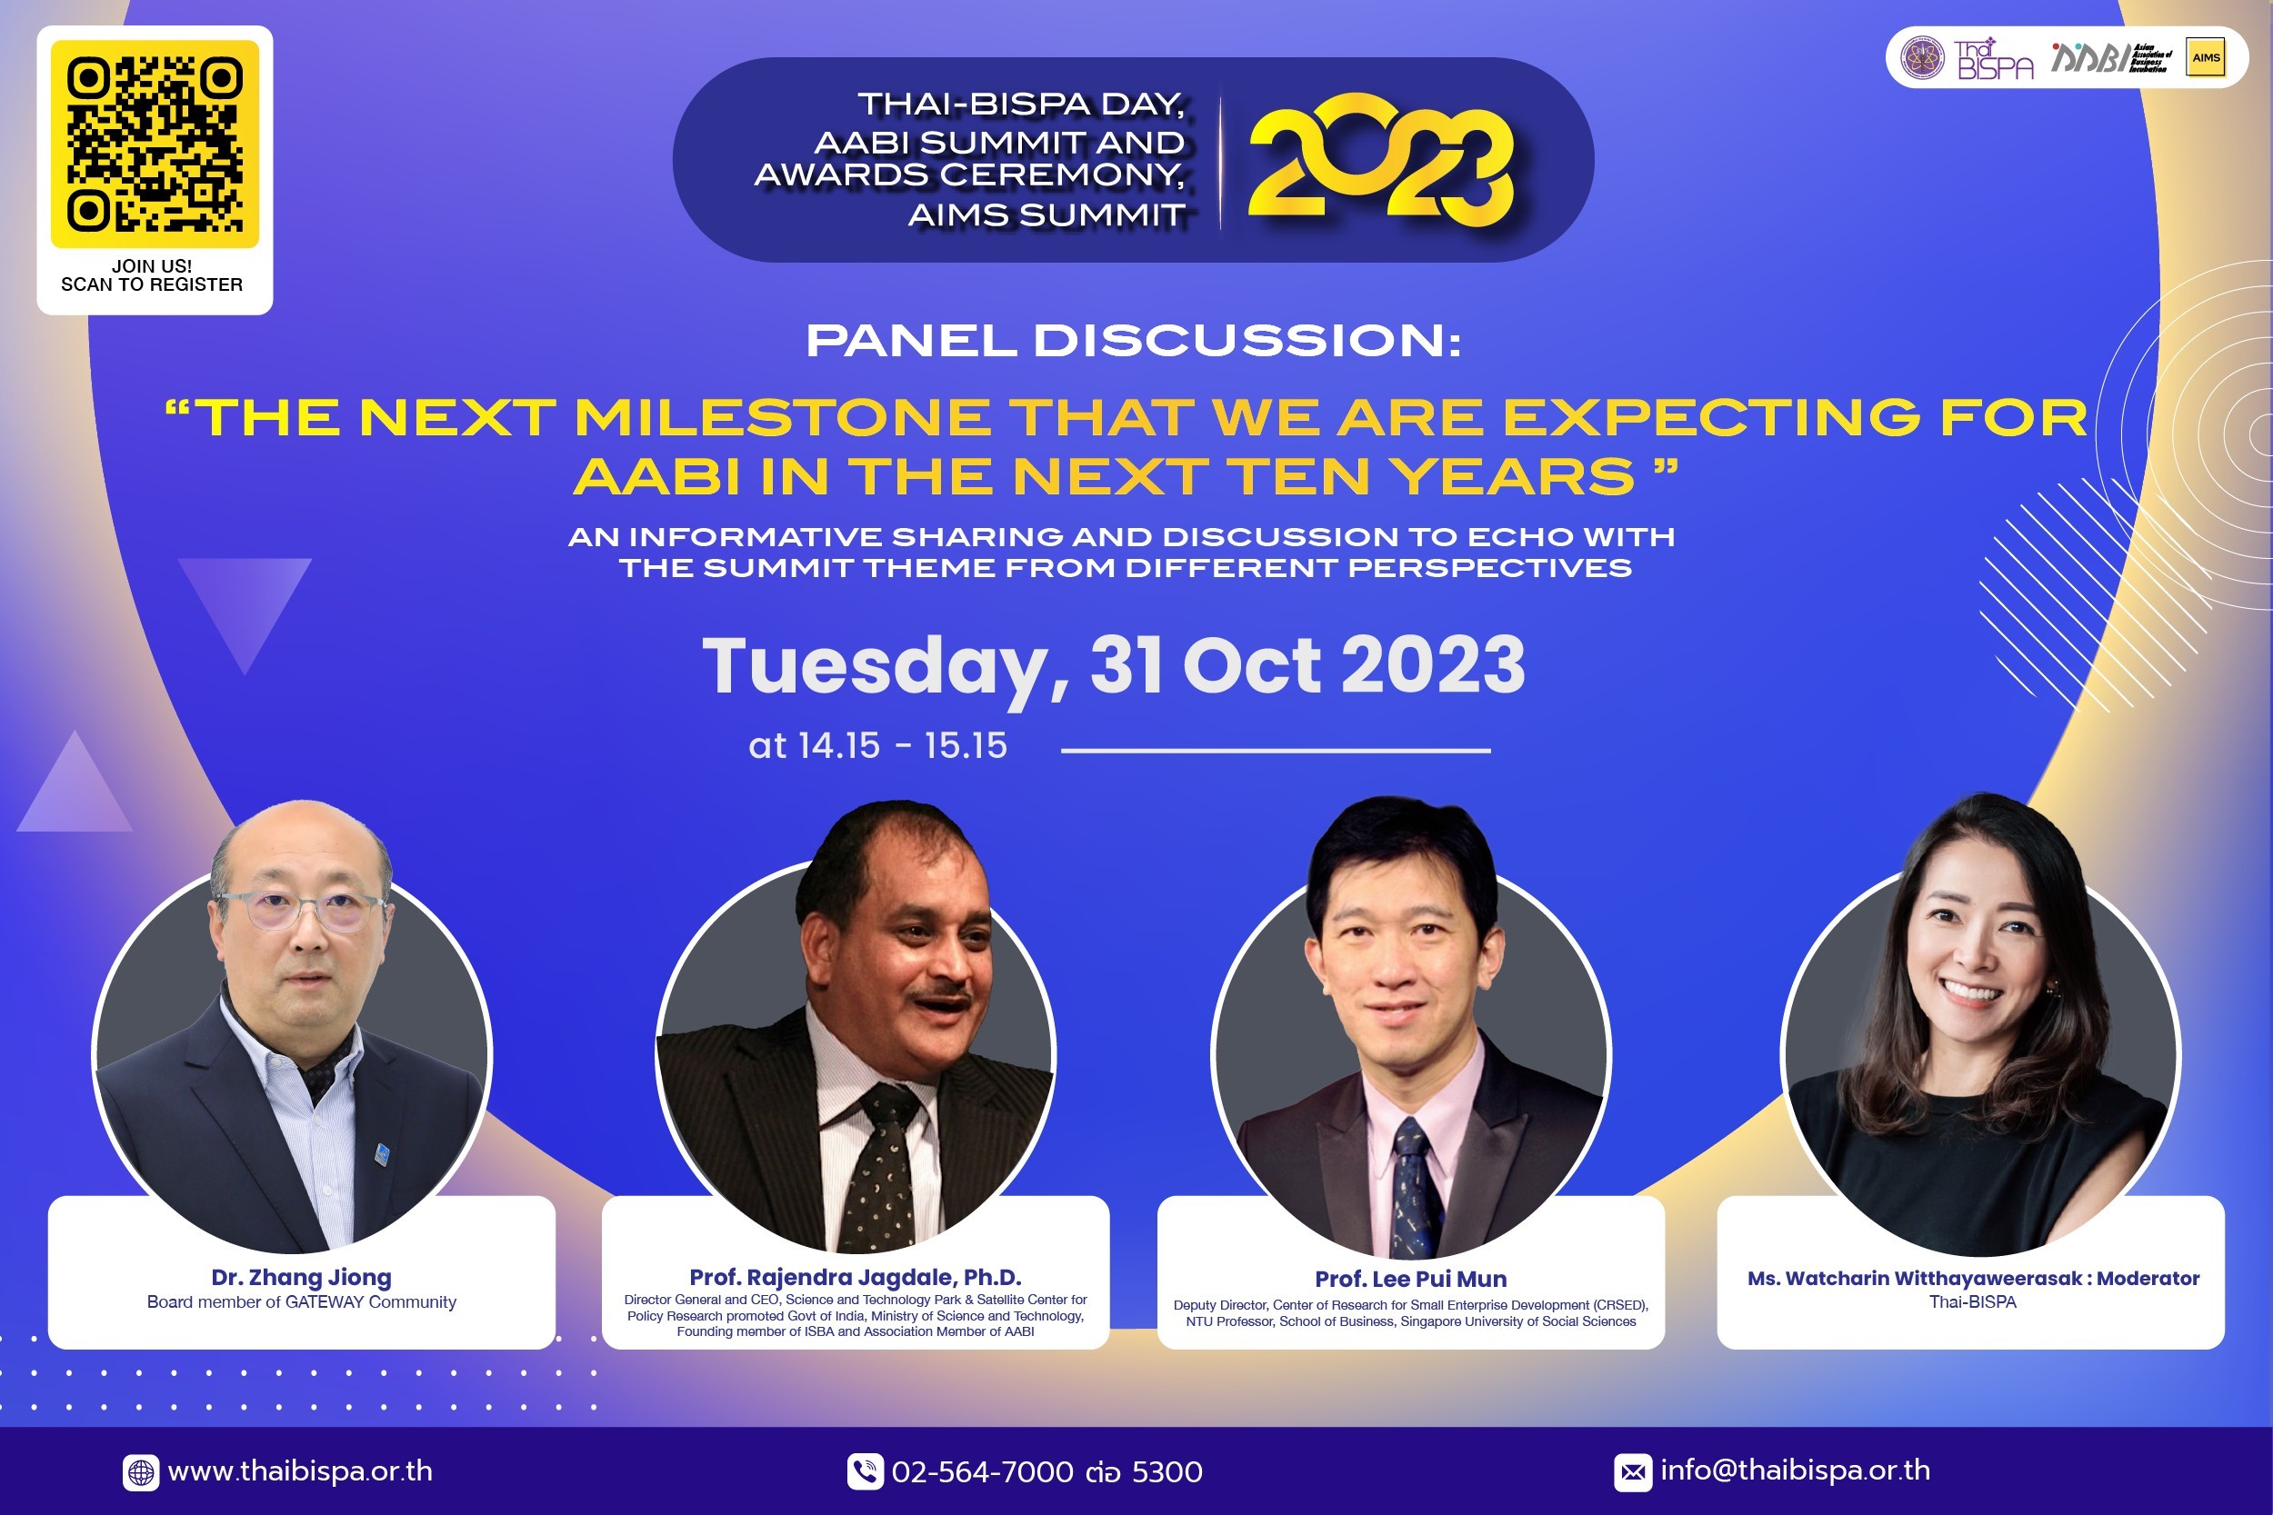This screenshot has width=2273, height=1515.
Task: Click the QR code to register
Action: (x=155, y=144)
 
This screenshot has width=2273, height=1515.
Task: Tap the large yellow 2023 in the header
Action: (x=1380, y=160)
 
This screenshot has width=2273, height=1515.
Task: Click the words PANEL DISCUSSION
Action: (x=1133, y=340)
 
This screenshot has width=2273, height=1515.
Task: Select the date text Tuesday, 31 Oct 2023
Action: (x=1113, y=667)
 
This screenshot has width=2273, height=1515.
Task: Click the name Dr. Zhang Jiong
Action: (x=302, y=1277)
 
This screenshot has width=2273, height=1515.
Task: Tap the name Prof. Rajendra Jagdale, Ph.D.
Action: (x=856, y=1277)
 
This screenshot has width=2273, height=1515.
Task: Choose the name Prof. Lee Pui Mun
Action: (x=1410, y=1280)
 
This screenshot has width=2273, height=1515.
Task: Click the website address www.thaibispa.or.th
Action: (x=301, y=1470)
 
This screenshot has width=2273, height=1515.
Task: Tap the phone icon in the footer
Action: (x=865, y=1471)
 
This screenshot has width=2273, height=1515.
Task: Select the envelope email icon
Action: (x=1632, y=1472)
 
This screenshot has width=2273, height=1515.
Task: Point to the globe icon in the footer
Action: (x=141, y=1472)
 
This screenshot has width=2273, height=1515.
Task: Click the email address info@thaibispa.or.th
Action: (x=1796, y=1470)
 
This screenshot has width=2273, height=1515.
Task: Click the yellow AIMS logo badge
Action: (x=2206, y=57)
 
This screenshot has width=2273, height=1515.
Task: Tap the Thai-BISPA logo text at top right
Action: (x=1995, y=59)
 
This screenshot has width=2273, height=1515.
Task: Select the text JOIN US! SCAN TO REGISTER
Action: (x=152, y=275)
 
